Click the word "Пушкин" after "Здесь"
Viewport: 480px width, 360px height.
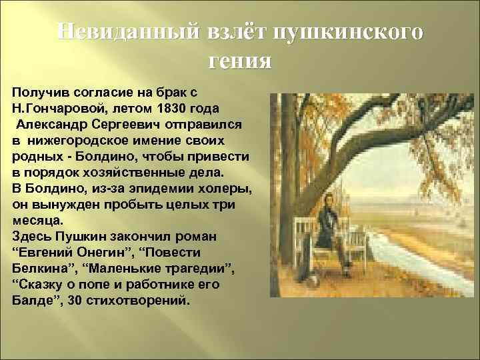(81, 236)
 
